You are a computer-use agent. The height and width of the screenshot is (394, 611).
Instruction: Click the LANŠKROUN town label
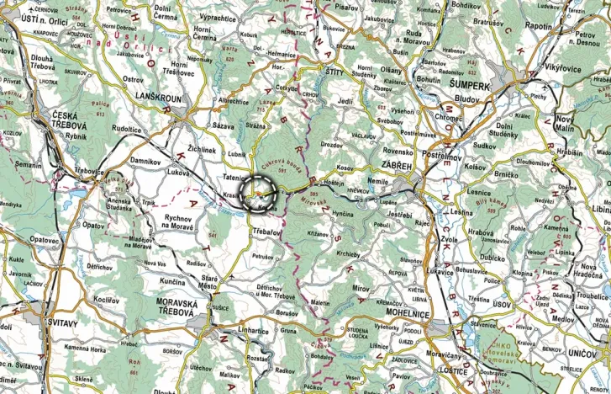click(x=158, y=97)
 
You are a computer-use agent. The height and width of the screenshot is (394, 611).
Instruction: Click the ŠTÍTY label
click(x=335, y=73)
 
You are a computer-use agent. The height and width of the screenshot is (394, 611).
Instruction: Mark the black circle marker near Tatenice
click(x=258, y=193)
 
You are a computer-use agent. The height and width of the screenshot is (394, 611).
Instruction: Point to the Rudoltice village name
click(x=127, y=129)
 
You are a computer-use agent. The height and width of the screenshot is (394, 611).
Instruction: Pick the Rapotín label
click(x=537, y=26)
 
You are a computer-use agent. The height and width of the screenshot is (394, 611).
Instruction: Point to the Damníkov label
click(x=145, y=160)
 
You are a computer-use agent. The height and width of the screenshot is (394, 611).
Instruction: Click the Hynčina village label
click(x=343, y=216)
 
